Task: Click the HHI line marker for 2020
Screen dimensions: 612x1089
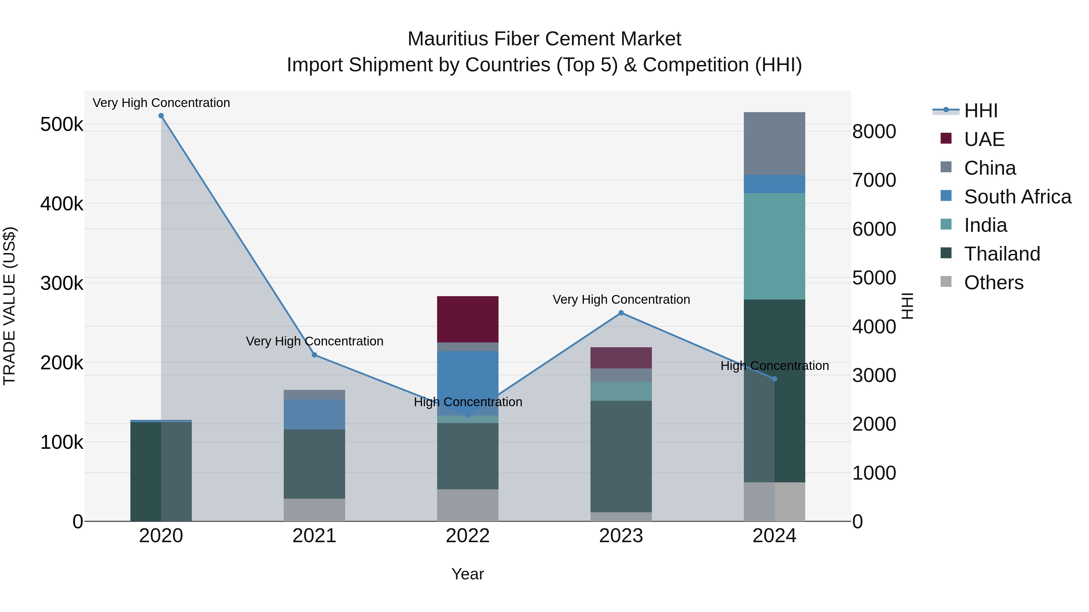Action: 161,116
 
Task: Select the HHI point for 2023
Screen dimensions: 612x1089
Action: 621,313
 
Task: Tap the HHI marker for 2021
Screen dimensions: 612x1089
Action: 315,355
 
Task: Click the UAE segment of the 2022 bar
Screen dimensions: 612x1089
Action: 468,319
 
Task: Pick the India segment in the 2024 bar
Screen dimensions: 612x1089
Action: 774,246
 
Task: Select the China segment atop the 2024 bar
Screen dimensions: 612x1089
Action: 774,144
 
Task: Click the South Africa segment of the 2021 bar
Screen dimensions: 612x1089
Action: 315,414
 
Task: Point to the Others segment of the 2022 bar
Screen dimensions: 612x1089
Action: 468,505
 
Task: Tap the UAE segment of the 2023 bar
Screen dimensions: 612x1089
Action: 621,358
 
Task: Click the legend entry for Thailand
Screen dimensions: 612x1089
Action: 1002,254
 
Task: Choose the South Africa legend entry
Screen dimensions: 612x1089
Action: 1017,197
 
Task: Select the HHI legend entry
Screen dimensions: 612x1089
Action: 980,111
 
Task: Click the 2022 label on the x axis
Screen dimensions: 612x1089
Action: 468,536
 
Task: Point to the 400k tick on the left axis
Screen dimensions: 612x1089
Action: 62,204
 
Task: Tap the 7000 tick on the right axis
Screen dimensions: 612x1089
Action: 873,180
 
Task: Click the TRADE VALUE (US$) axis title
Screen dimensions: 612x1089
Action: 10,306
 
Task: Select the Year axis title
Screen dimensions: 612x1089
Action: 468,574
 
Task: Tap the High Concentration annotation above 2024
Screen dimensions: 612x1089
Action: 774,366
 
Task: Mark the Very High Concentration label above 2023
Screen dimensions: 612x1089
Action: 621,300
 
